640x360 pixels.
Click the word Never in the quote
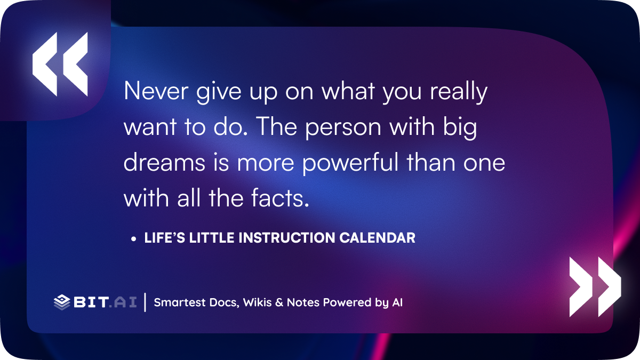156,91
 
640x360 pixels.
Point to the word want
150,127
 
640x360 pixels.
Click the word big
460,127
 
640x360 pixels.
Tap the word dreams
164,162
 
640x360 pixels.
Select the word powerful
350,163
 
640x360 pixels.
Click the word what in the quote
348,91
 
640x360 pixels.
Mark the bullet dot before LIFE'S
133,239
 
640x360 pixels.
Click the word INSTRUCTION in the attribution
286,238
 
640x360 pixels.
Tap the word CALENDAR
378,238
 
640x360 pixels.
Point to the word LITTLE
212,238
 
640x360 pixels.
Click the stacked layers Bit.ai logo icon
62,302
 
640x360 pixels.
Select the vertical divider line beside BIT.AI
145,302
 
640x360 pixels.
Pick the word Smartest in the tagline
180,302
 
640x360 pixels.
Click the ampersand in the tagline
279,302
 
